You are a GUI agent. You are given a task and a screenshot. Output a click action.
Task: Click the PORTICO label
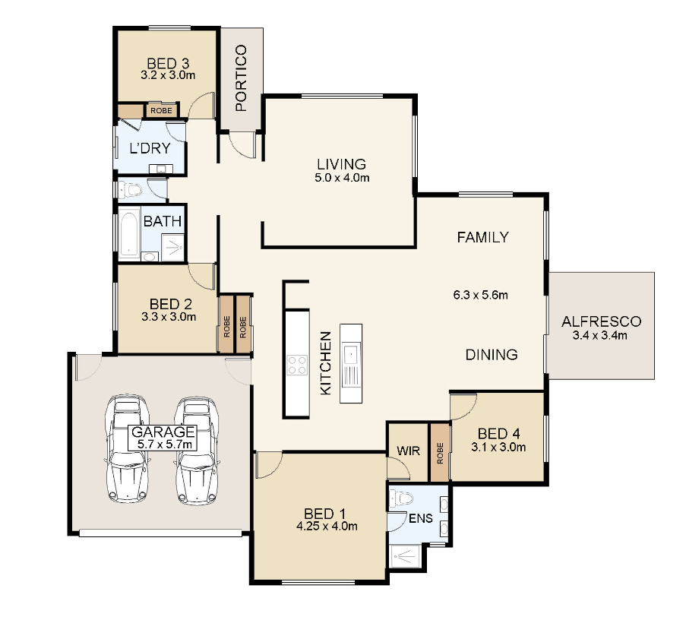pos(241,78)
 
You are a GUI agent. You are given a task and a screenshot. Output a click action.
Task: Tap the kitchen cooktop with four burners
pos(297,365)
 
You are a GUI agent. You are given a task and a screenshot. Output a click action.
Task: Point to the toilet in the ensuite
pos(401,498)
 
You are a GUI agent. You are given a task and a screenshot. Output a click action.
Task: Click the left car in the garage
pos(128,448)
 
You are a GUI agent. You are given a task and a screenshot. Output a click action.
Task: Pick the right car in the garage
pos(197,451)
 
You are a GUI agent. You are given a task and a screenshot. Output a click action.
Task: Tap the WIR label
pos(408,451)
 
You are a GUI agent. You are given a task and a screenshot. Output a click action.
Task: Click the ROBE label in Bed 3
pos(162,111)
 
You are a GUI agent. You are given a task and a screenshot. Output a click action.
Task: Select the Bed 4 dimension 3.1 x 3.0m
pos(498,448)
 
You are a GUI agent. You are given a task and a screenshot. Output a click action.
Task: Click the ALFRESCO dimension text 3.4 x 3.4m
pos(600,336)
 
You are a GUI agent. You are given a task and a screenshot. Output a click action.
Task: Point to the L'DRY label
pos(150,148)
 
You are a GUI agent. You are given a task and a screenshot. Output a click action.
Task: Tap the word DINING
pos(492,354)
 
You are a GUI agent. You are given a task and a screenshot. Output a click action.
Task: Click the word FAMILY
pos(483,237)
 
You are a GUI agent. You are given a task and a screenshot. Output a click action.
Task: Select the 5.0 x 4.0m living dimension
pos(342,178)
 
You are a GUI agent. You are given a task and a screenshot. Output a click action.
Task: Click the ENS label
pos(420,518)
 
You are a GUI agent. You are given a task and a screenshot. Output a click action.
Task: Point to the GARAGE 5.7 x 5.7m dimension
pos(165,445)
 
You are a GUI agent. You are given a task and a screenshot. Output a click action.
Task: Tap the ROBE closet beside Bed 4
pos(440,452)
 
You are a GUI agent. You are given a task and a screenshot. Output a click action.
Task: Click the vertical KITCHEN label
pos(326,363)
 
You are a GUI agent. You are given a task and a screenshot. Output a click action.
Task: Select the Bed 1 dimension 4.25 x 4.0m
pos(327,526)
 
